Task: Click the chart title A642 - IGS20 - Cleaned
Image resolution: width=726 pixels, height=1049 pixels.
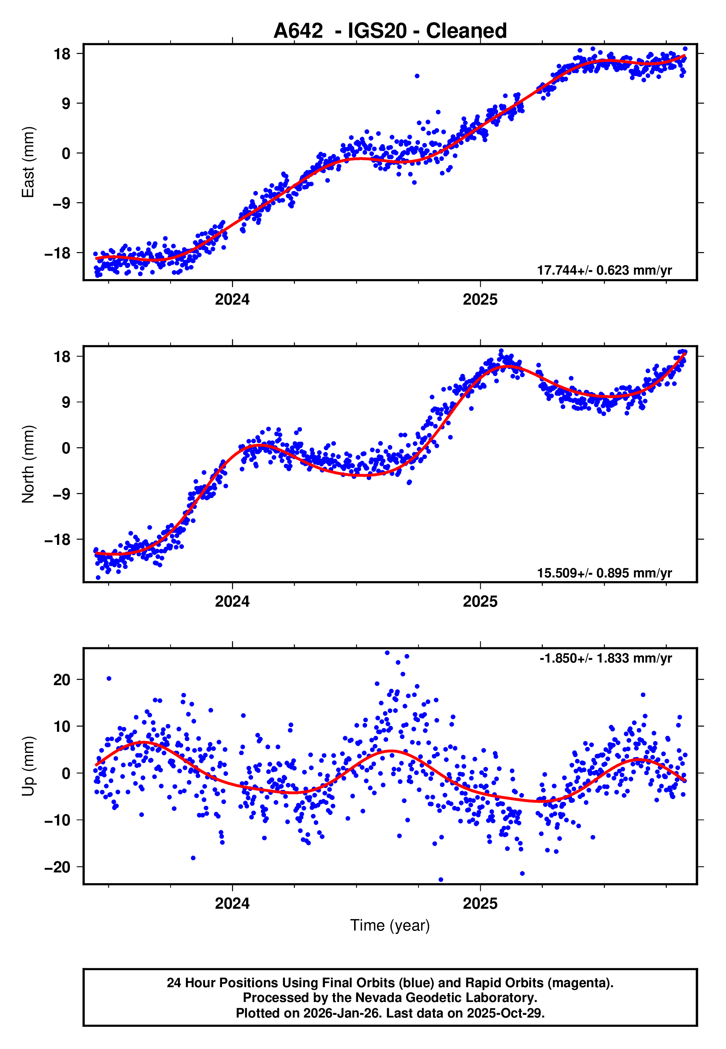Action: [x=390, y=31]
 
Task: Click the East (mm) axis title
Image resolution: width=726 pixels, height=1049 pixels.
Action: [x=28, y=162]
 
